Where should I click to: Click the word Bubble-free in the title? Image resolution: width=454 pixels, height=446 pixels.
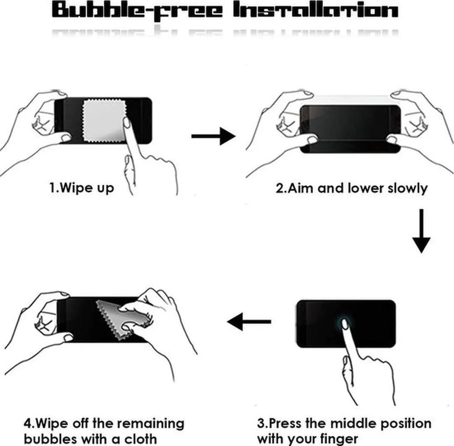(x=137, y=10)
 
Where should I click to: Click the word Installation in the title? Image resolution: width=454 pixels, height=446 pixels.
(x=316, y=10)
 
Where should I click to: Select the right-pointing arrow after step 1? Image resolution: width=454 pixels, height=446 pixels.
(x=213, y=136)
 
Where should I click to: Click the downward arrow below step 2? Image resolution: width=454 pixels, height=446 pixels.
(x=421, y=231)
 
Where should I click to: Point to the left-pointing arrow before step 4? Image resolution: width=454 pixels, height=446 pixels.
(x=249, y=322)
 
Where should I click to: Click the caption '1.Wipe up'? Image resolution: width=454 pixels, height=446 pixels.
(x=82, y=188)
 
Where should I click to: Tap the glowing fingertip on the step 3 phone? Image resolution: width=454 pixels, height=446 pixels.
(x=345, y=323)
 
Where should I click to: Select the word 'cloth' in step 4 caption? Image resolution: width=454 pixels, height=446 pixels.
(x=141, y=438)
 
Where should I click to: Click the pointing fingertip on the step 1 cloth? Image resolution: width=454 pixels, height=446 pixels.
(x=127, y=122)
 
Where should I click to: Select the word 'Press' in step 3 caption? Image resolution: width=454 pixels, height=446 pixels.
(x=285, y=423)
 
